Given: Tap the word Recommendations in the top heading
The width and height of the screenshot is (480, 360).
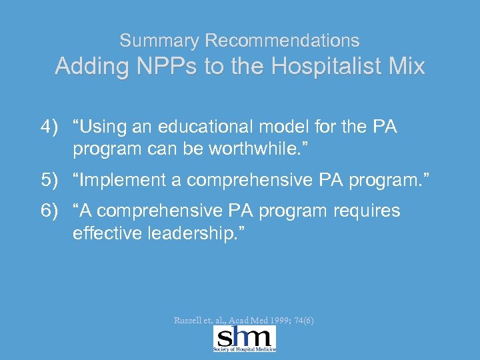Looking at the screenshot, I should point(282,41).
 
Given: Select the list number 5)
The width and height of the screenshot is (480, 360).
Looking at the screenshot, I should point(50,179).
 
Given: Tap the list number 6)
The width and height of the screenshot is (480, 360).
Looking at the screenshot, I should point(50,211).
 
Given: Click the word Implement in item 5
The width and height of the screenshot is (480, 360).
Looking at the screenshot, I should point(129,179).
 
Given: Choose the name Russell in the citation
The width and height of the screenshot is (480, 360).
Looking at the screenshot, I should point(188,321).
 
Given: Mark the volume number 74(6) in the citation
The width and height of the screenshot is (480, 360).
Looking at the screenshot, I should point(304,321).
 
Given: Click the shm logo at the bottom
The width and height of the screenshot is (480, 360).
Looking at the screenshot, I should point(244,339).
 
